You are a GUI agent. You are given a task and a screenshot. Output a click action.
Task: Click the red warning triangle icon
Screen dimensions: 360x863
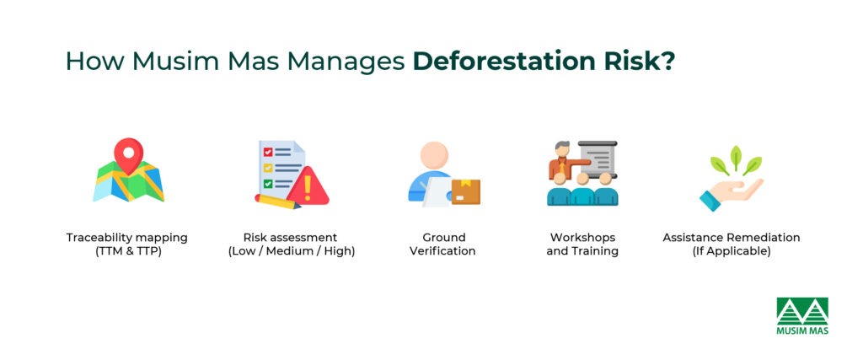(308, 188)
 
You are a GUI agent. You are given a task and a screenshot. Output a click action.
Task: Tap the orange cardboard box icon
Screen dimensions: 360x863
(465, 191)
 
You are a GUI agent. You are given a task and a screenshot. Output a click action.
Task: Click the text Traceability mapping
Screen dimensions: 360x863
(127, 238)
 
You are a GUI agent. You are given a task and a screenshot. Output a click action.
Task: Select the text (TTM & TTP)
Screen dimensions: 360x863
(127, 251)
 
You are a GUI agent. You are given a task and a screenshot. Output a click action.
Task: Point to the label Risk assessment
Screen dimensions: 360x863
(291, 238)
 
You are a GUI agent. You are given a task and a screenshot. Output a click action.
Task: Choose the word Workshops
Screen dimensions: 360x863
(582, 238)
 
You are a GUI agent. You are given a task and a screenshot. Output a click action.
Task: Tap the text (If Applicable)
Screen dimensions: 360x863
(731, 251)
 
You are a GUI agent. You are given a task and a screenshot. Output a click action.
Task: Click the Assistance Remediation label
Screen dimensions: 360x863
(731, 238)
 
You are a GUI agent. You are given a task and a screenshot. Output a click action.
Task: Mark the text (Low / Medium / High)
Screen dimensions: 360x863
(291, 251)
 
